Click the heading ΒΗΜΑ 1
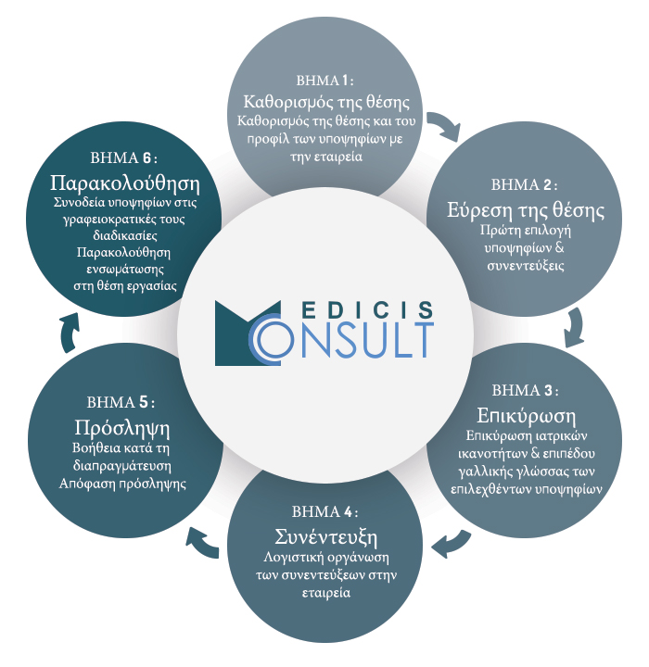[x=324, y=81]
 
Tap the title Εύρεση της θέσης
[x=525, y=210]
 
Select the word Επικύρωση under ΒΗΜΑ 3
[x=526, y=416]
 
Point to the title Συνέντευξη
[x=325, y=536]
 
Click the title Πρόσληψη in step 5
[x=122, y=428]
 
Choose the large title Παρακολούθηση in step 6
[x=125, y=183]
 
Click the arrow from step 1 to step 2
[x=445, y=125]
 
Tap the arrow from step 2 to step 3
[x=576, y=328]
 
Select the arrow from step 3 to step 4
[x=452, y=544]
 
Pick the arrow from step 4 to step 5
[x=201, y=542]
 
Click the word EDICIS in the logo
[x=368, y=310]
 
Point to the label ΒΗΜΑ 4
[x=324, y=511]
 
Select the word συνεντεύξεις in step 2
[x=525, y=266]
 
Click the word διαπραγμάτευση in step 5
[x=121, y=466]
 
